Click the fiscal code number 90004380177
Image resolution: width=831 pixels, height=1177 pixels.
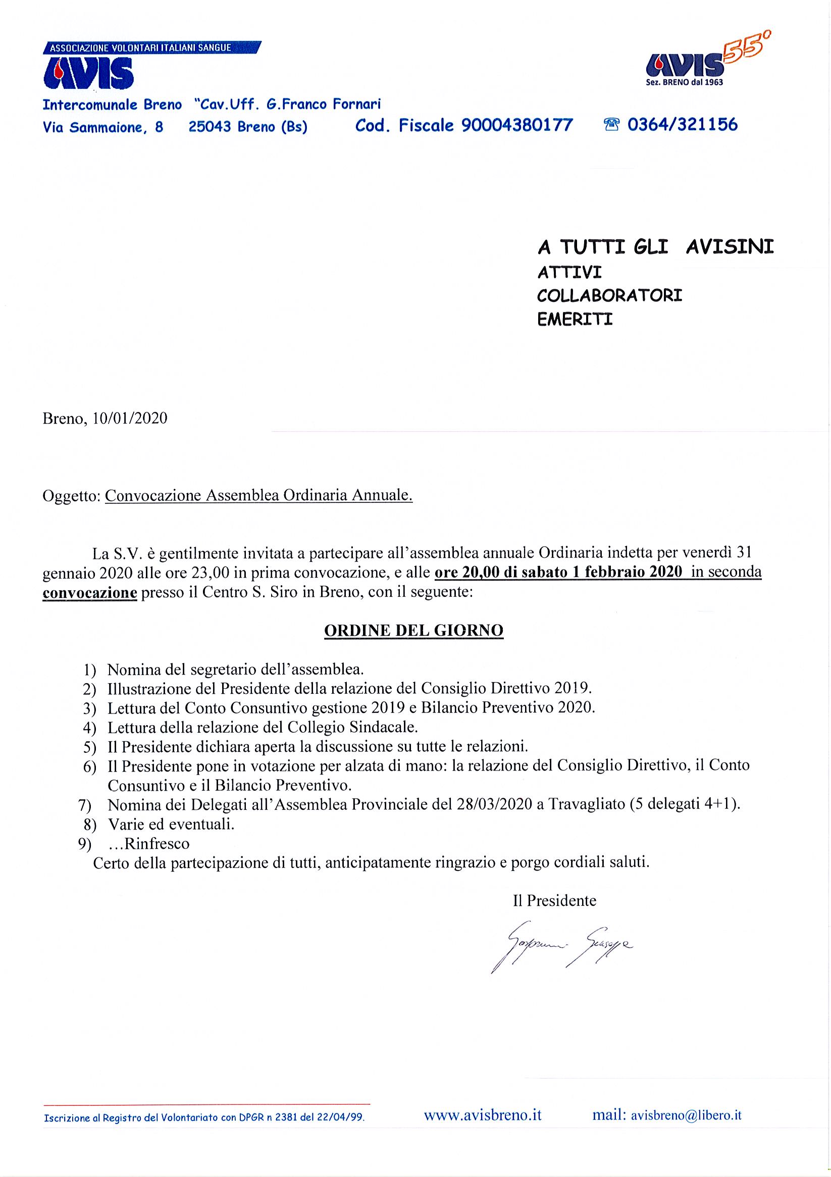point(517,125)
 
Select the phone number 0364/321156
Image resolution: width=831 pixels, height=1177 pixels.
point(683,125)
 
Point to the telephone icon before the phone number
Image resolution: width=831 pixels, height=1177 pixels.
point(612,125)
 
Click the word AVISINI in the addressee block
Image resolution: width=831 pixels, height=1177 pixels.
point(730,247)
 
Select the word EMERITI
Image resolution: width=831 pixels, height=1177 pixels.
point(575,320)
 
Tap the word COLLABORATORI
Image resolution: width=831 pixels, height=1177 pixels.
point(609,296)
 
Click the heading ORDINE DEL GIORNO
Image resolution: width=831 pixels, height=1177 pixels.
point(413,631)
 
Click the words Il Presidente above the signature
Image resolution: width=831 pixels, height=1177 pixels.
point(554,900)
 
